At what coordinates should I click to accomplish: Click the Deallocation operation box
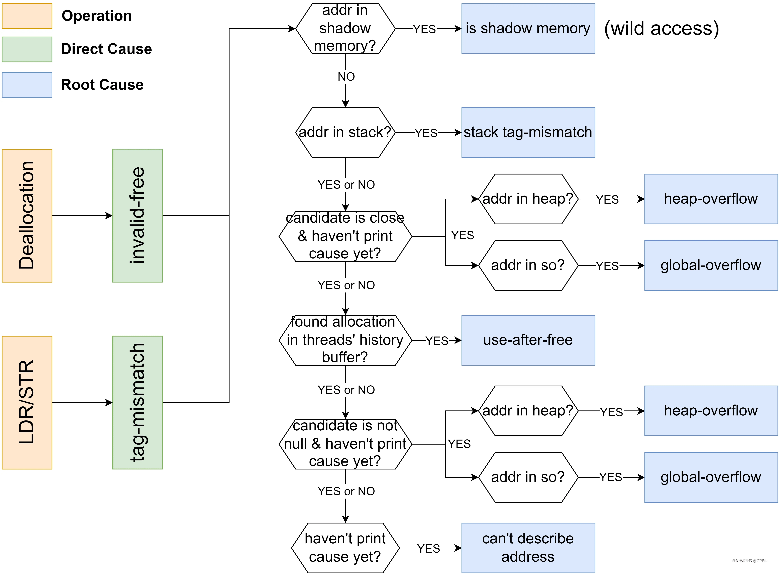click(x=27, y=215)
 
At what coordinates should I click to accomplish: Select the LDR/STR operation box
click(x=27, y=402)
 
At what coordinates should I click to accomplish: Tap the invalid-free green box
click(x=138, y=215)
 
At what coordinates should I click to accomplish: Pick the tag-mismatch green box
click(x=138, y=402)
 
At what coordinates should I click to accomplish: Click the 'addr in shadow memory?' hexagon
click(x=345, y=29)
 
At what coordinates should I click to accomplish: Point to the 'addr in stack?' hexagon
click(x=345, y=132)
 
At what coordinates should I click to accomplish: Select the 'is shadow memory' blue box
click(x=528, y=29)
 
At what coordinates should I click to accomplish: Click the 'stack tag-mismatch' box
click(x=528, y=132)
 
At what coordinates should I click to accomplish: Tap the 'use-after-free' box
click(x=528, y=340)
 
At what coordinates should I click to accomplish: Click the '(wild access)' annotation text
click(x=661, y=29)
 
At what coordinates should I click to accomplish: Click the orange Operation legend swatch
click(x=27, y=16)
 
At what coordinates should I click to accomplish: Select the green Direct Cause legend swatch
click(x=27, y=49)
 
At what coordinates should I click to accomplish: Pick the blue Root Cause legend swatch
click(x=27, y=85)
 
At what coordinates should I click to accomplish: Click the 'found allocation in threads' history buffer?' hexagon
click(x=345, y=340)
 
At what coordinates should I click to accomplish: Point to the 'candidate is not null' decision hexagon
click(x=345, y=444)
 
